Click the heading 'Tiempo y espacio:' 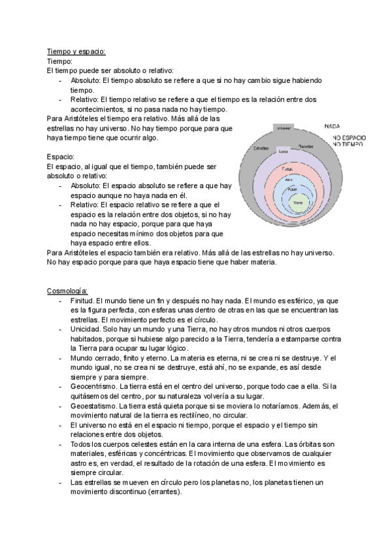76,51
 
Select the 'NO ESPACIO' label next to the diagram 349,138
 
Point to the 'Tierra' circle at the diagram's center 297,203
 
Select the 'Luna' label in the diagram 283,152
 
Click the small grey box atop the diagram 284,128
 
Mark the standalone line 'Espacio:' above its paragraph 61,157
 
